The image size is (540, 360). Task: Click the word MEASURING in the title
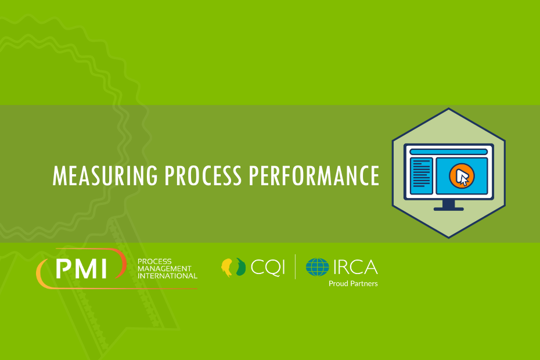(105, 176)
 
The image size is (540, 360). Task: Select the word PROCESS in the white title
(203, 176)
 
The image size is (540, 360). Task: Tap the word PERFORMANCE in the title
(314, 176)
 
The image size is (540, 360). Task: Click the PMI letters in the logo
(81, 269)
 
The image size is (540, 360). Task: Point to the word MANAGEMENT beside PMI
(164, 269)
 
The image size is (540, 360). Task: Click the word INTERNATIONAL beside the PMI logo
(167, 276)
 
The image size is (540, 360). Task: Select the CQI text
(268, 268)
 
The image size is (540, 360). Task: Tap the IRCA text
(355, 267)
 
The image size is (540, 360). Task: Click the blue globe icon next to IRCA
(317, 267)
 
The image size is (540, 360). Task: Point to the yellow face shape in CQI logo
(227, 268)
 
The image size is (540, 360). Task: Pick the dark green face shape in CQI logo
(241, 267)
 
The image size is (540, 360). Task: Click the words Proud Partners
(353, 283)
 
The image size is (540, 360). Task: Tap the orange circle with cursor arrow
(462, 176)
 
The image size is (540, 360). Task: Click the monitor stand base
(448, 209)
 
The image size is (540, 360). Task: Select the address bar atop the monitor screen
(448, 152)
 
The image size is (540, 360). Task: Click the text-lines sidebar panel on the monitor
(421, 176)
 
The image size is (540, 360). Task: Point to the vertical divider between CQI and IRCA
(295, 267)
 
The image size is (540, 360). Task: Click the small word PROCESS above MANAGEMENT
(154, 261)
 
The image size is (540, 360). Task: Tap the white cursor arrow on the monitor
(462, 177)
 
